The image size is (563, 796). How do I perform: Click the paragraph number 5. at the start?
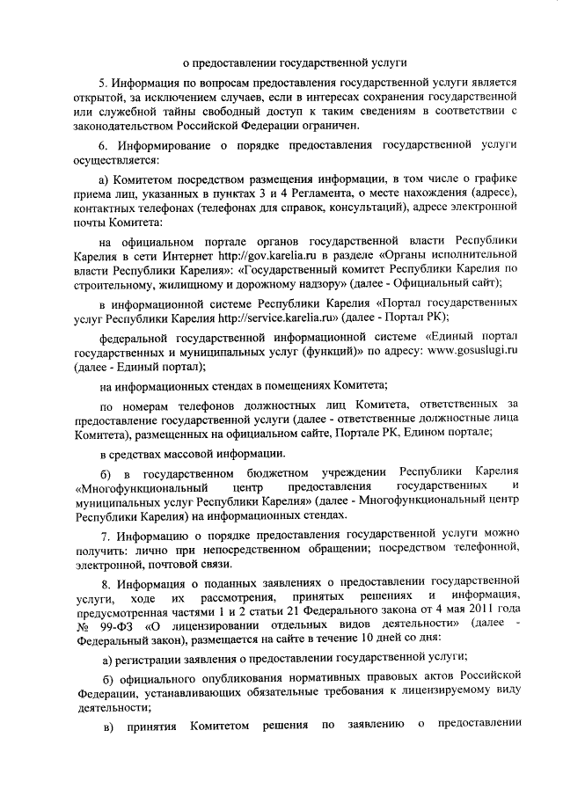point(102,81)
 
